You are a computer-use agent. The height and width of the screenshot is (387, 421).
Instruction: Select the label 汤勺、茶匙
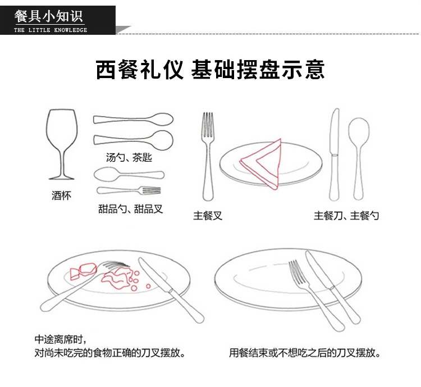[x=129, y=158]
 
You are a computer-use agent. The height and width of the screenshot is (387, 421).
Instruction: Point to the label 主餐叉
[x=208, y=215]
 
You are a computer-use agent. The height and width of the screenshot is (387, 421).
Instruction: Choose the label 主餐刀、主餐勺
[x=346, y=215]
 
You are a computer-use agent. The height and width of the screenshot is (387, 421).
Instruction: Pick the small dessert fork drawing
[x=129, y=190]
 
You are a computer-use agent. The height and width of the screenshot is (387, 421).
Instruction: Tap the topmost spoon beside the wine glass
[x=134, y=119]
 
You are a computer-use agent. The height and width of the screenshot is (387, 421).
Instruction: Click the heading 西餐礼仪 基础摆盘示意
[x=210, y=71]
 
